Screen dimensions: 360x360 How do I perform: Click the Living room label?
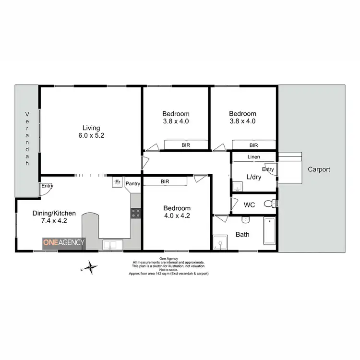click(91, 128)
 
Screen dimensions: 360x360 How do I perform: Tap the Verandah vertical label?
click(27, 139)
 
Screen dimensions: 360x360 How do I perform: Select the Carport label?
click(319, 169)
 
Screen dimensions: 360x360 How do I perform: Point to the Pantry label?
click(132, 183)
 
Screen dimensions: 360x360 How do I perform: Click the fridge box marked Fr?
click(117, 182)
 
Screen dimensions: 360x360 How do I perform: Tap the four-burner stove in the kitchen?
click(136, 213)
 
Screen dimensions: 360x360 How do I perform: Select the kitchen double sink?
click(110, 244)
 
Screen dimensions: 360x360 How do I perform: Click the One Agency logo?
click(64, 242)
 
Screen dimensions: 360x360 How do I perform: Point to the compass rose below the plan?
click(90, 267)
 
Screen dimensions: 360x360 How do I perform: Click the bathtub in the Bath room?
click(269, 231)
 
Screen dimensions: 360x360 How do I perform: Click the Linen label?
click(254, 157)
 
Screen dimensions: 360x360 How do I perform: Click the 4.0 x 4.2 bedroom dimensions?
click(177, 216)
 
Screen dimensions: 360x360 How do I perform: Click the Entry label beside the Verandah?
click(47, 186)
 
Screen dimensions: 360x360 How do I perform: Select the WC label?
click(249, 205)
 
